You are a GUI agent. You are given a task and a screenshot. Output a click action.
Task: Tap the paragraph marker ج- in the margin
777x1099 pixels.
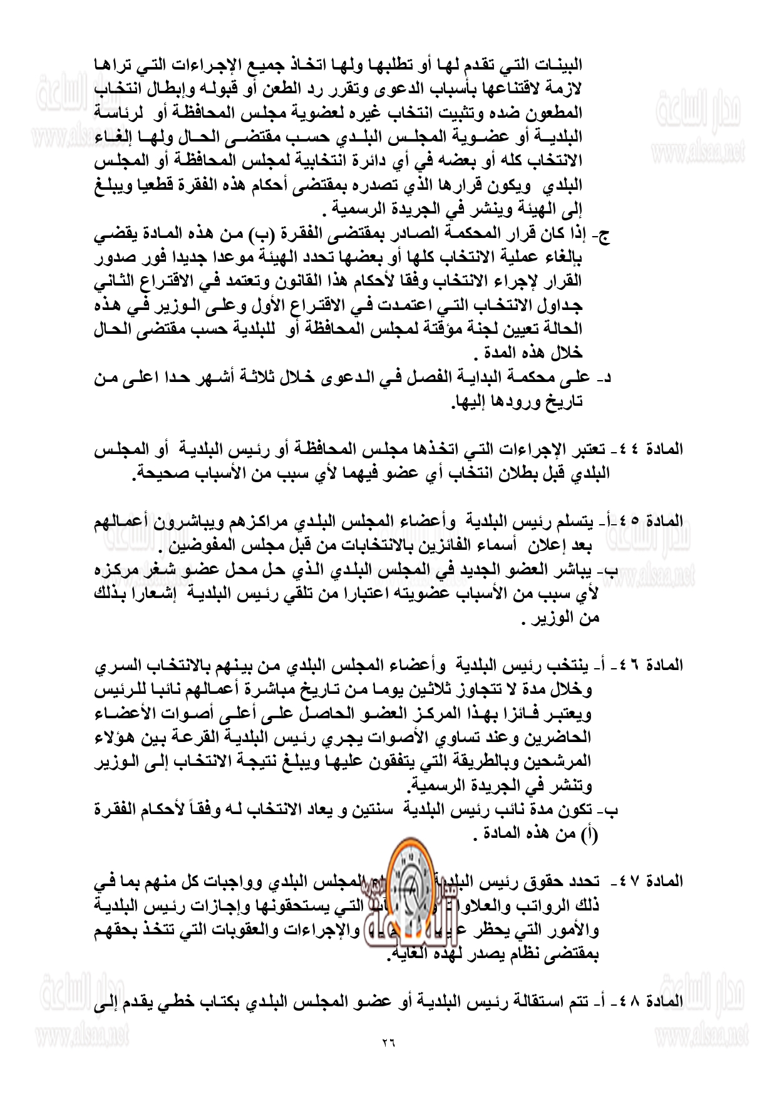coord(605,236)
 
